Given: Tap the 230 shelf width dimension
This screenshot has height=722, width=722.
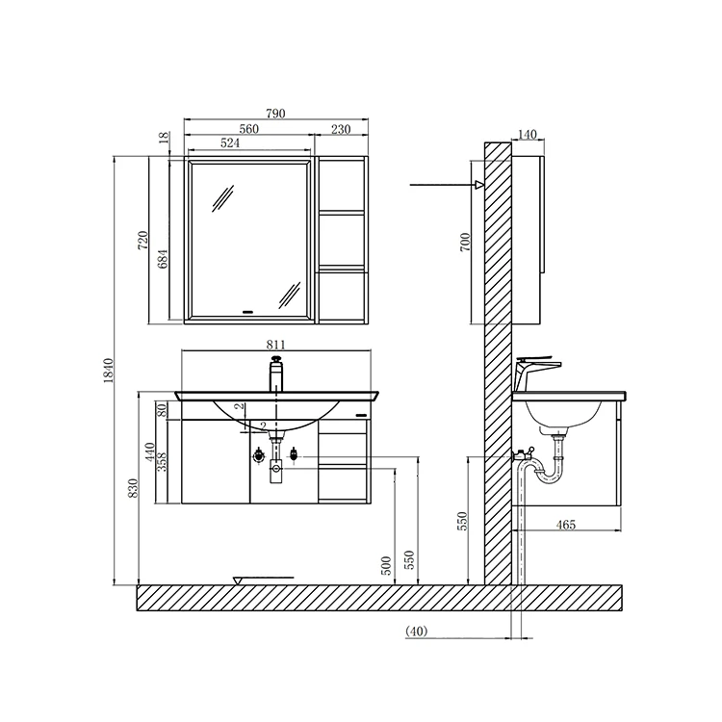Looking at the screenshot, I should click(340, 129).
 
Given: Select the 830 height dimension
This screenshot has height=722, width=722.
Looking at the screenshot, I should click(133, 488).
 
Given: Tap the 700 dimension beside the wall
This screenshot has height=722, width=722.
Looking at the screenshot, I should click(465, 241).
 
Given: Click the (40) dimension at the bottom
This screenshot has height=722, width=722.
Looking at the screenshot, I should click(417, 632).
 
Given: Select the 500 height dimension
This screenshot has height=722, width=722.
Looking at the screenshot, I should click(387, 565).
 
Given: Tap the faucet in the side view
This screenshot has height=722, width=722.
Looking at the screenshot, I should click(535, 368).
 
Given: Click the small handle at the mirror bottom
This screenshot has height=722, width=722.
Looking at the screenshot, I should click(248, 311).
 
